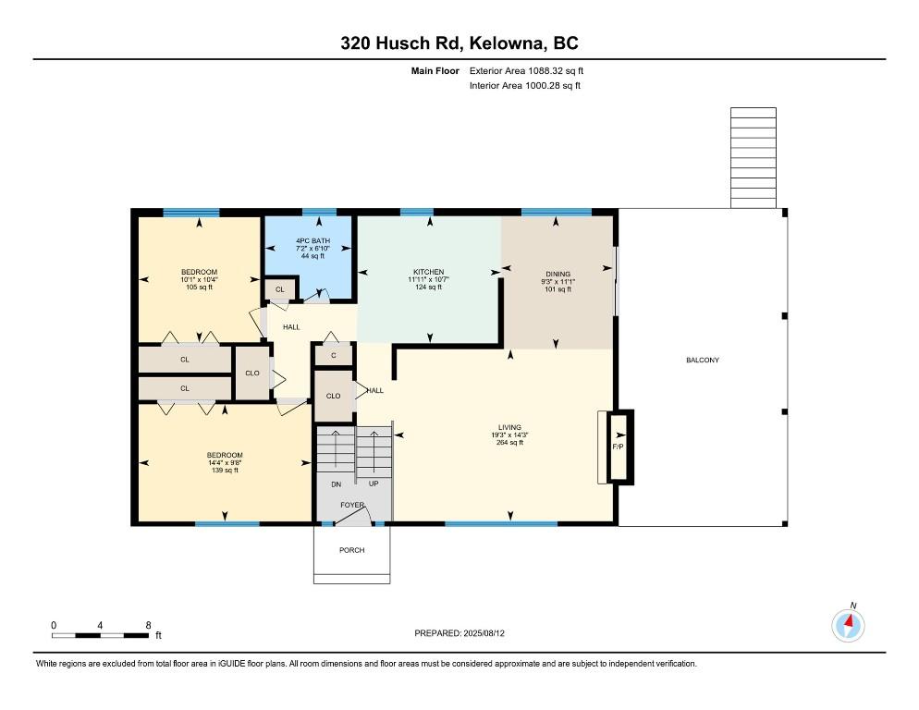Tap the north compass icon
click(848, 625)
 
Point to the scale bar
click(100, 635)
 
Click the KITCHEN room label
click(428, 272)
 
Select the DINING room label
click(558, 274)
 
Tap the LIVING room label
click(510, 427)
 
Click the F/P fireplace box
click(619, 447)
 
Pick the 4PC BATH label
click(313, 241)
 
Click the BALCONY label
click(703, 360)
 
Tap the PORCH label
click(351, 550)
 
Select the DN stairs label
click(337, 484)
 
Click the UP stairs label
click(374, 484)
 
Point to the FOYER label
click(352, 505)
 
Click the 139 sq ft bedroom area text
click(225, 471)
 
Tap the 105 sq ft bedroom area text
click(200, 288)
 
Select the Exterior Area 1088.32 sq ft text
click(526, 71)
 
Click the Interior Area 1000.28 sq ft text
click(525, 86)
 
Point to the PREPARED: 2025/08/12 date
click(459, 633)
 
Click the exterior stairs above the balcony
click(754, 158)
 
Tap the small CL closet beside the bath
click(280, 289)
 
